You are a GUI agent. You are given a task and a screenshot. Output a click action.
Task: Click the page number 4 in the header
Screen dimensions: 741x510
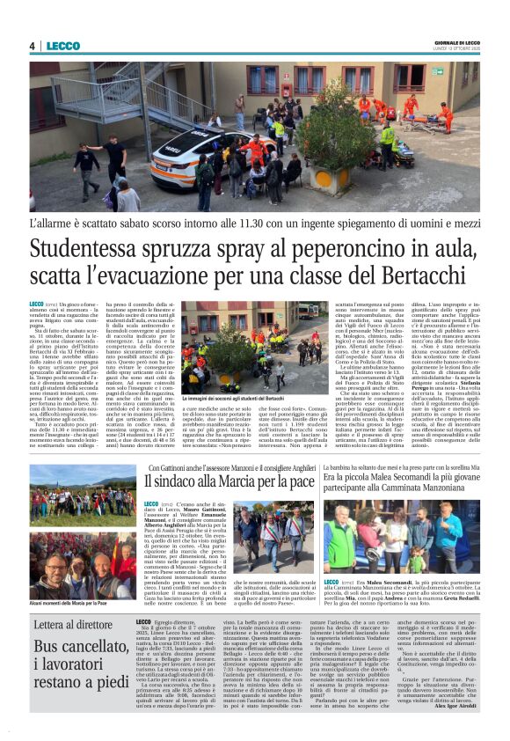32,46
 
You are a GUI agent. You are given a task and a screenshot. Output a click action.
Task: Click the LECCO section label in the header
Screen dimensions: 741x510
62,46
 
